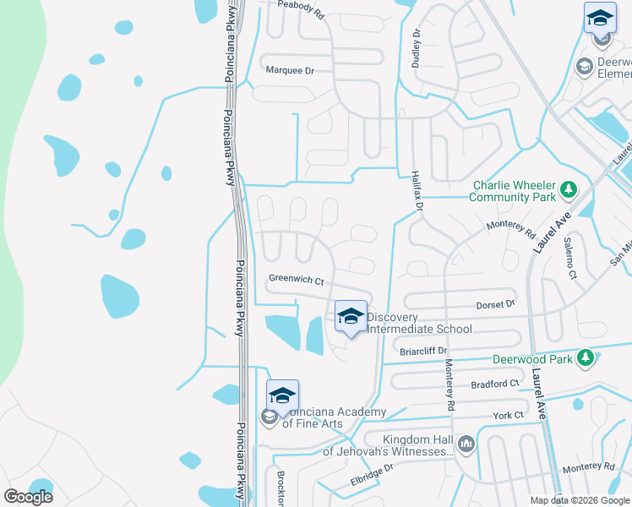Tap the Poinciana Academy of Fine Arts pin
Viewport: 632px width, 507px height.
[x=283, y=395]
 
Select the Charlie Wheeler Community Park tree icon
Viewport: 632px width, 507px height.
[x=569, y=191]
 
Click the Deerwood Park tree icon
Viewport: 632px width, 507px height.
[x=585, y=359]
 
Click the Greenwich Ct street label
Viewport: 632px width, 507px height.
[x=297, y=280]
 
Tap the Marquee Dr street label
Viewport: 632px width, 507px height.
[x=290, y=71]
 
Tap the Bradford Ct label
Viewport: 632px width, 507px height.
[x=494, y=384]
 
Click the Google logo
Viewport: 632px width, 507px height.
[x=28, y=497]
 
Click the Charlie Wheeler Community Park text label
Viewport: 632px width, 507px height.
[x=514, y=191]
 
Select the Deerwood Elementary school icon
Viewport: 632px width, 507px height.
[x=583, y=66]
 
